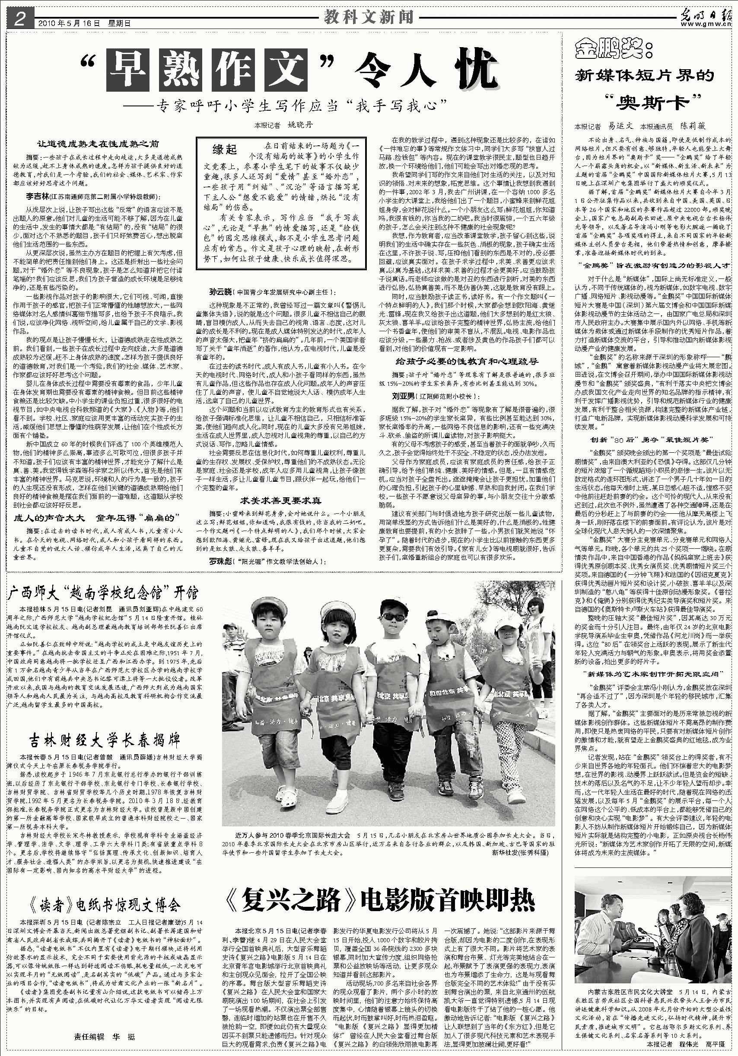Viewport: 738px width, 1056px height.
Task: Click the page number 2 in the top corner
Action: coord(19,19)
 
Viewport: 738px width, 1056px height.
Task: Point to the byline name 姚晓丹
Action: coord(302,125)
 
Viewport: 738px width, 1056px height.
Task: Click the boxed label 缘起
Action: coord(224,150)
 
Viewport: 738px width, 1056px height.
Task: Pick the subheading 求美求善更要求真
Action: coord(281,501)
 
